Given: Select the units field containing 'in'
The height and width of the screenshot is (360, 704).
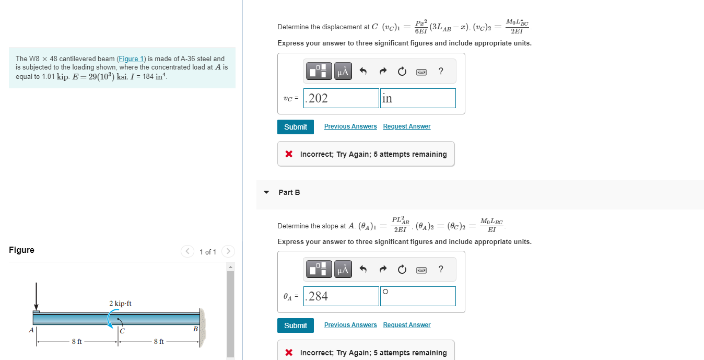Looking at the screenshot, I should coord(418,98).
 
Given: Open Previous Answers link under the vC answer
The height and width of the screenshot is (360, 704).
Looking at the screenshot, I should coord(350,126).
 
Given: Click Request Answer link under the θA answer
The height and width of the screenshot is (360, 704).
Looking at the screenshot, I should coord(406,325).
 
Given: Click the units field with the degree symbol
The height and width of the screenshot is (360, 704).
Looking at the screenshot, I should coord(418,296).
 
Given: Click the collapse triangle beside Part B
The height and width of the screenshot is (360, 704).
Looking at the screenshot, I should coord(267,192).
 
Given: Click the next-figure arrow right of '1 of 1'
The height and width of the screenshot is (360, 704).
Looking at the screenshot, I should coord(227,252).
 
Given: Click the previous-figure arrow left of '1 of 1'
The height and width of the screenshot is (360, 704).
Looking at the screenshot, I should coord(187,252).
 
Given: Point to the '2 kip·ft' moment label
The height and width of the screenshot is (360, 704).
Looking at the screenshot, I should coord(120,304).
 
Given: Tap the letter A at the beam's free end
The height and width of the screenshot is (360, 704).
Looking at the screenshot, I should coord(31,330).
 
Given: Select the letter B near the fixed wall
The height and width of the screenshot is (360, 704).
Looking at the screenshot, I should coord(195,329).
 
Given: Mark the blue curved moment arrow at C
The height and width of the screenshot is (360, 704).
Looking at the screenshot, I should coord(111,319).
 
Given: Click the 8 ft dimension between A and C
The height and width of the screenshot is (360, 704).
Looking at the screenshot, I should coord(77,342).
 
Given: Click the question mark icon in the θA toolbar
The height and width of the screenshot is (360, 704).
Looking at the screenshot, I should coord(441,270).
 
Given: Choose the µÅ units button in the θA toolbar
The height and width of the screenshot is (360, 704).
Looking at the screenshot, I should coord(343,270).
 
